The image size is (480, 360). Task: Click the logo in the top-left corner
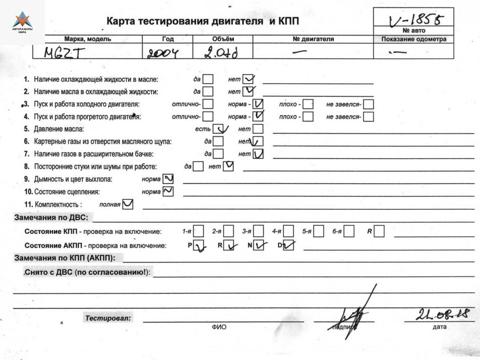(22, 22)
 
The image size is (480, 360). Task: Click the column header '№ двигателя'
(313, 39)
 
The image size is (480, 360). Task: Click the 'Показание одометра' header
(414, 39)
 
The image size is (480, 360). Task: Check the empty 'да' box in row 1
(208, 80)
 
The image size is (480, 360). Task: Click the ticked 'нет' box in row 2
(247, 92)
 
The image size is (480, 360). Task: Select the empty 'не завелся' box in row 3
(368, 104)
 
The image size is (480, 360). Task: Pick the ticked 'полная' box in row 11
(128, 204)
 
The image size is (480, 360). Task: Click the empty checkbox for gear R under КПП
(379, 232)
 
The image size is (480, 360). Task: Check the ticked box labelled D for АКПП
(288, 245)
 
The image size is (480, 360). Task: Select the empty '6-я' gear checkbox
(349, 232)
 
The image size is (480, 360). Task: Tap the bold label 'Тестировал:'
(109, 318)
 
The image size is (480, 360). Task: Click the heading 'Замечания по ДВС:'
(52, 218)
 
